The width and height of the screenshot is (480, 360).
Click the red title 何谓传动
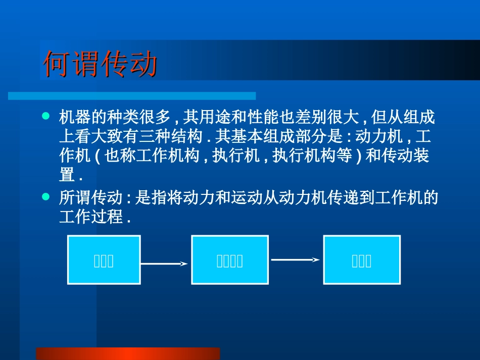101,64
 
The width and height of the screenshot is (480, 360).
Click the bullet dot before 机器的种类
46,116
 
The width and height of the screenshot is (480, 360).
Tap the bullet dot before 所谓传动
46,195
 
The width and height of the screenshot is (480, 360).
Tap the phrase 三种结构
171,137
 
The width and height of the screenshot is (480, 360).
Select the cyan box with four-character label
229,260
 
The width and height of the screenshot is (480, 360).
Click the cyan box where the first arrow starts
104,260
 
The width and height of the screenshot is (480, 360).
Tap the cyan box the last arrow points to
362,260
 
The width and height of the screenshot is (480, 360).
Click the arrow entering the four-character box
165,264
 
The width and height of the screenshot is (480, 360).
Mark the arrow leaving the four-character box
296,260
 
